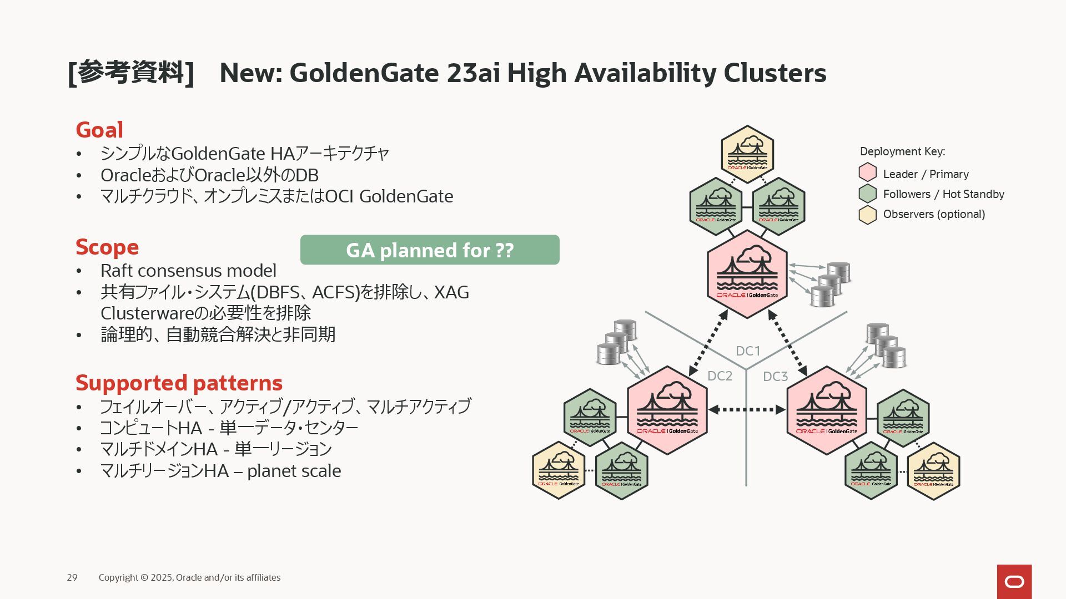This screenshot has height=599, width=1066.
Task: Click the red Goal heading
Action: click(99, 130)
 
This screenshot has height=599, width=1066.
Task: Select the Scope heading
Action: click(107, 247)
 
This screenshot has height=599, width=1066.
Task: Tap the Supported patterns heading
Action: click(179, 383)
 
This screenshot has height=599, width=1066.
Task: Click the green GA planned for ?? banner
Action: click(430, 250)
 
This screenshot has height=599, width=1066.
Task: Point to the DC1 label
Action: click(748, 351)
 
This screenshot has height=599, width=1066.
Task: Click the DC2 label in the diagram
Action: click(720, 376)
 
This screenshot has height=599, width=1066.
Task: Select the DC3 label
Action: click(775, 377)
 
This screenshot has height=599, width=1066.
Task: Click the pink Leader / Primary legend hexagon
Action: click(867, 172)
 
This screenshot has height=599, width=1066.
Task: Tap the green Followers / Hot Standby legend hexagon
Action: click(867, 194)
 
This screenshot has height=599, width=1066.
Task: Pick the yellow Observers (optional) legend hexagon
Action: click(867, 214)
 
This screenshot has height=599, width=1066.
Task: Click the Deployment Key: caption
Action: click(902, 151)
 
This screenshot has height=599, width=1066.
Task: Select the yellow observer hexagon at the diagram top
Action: click(747, 154)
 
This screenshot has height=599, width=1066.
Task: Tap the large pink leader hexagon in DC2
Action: click(667, 410)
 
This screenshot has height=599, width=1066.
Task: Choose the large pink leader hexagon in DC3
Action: click(827, 410)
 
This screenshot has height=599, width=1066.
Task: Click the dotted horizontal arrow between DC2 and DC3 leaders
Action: click(747, 410)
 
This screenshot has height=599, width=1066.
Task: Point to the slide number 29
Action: click(72, 577)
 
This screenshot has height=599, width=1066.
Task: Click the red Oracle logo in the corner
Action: click(1014, 581)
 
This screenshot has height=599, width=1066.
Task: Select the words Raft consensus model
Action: click(188, 271)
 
